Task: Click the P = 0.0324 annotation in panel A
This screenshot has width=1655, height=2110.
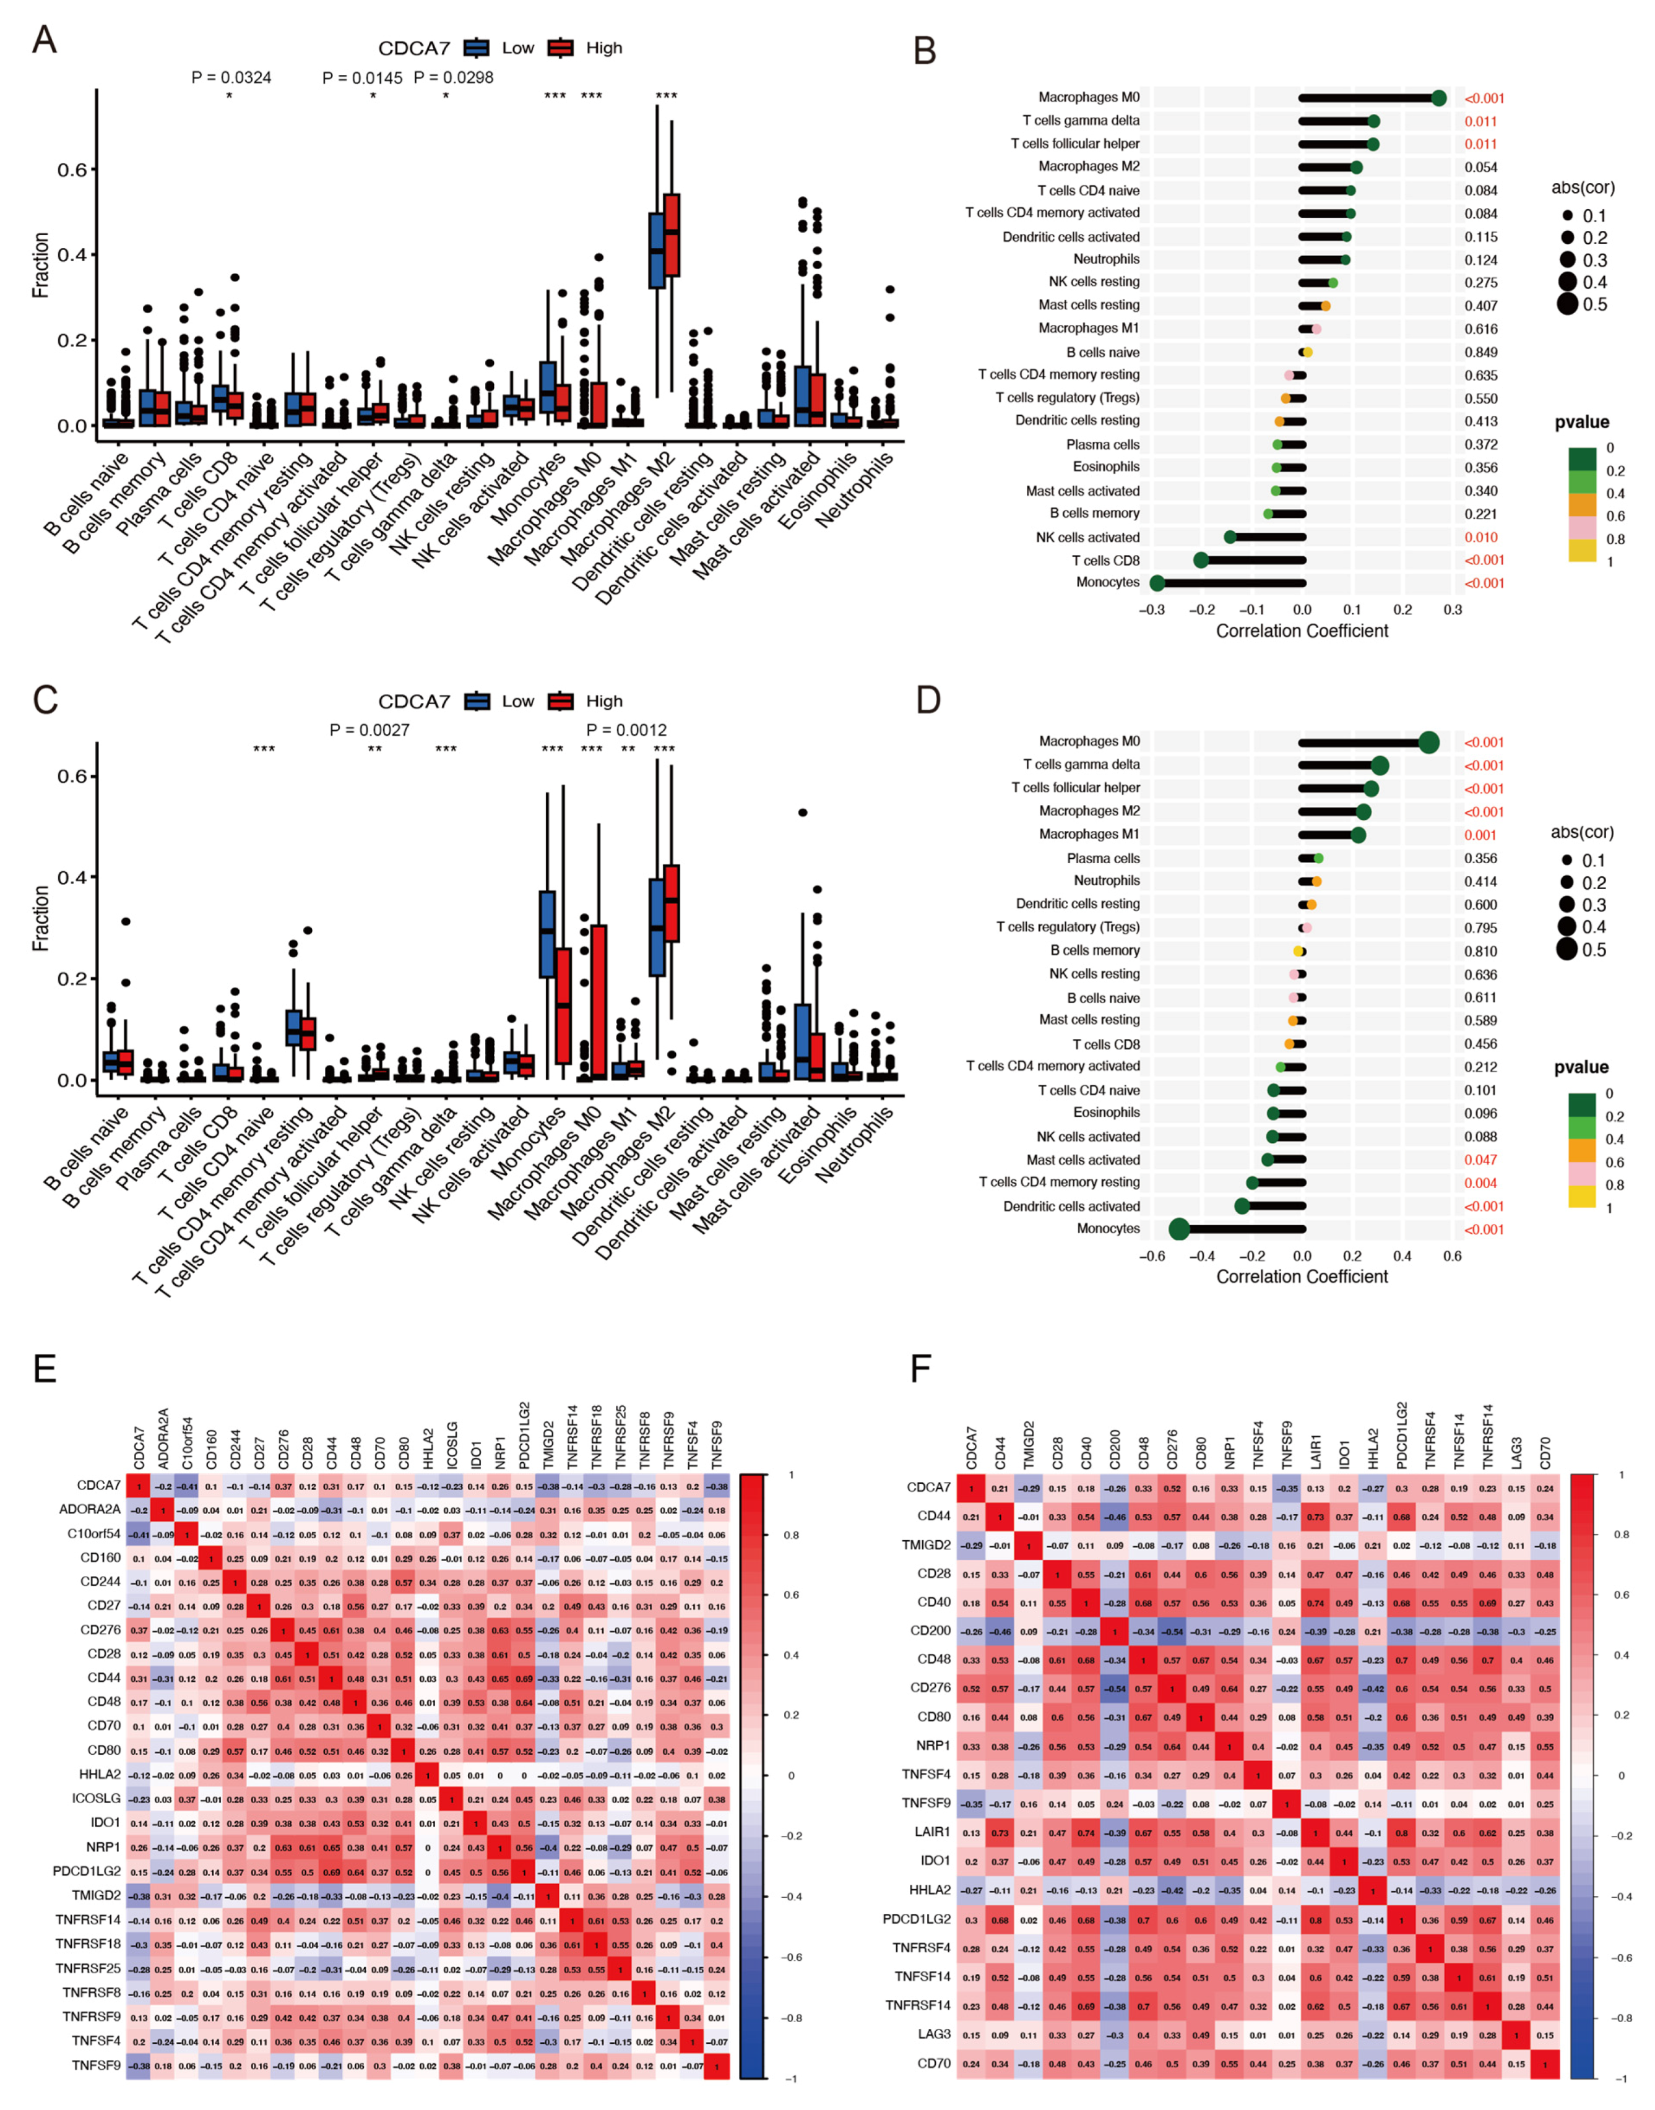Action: pyautogui.click(x=231, y=77)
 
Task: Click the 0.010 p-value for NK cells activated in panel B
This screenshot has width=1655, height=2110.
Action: pyautogui.click(x=1480, y=538)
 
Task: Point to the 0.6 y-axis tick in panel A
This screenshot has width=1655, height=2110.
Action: pyautogui.click(x=72, y=171)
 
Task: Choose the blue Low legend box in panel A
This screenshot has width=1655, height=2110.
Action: pyautogui.click(x=477, y=48)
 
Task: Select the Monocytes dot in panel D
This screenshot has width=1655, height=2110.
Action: pyautogui.click(x=1178, y=1229)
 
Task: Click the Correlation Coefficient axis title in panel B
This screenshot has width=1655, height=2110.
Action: pyautogui.click(x=1302, y=632)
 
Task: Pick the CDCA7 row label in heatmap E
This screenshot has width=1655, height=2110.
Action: pyautogui.click(x=99, y=1485)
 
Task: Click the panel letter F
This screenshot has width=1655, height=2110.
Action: pyautogui.click(x=920, y=1369)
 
